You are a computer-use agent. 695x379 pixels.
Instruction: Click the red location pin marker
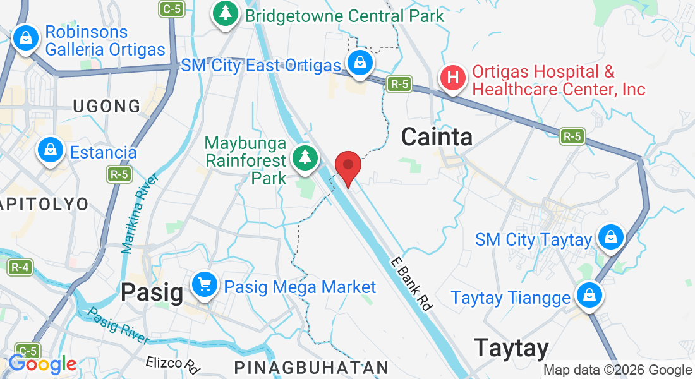click(347, 166)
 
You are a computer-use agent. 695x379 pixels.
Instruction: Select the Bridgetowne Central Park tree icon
click(224, 14)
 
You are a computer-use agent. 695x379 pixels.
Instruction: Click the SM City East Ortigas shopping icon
click(360, 63)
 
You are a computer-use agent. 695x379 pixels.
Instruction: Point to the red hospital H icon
click(453, 78)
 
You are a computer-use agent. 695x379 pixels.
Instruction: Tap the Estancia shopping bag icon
click(49, 151)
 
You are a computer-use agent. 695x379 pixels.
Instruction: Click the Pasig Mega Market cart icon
click(204, 286)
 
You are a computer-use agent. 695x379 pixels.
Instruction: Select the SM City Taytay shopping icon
click(610, 238)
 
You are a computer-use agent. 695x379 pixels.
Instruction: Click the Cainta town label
click(437, 136)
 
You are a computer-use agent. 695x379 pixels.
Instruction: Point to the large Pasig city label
click(152, 291)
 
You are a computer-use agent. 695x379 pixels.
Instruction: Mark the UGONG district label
click(107, 106)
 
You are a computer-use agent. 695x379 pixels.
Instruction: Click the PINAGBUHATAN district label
click(311, 368)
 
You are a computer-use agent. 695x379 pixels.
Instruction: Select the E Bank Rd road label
click(411, 284)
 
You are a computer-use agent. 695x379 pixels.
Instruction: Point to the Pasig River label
click(119, 326)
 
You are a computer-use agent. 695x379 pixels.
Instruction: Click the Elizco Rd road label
click(172, 363)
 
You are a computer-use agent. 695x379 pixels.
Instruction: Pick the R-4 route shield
click(20, 267)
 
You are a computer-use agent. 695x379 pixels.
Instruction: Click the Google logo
click(42, 364)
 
